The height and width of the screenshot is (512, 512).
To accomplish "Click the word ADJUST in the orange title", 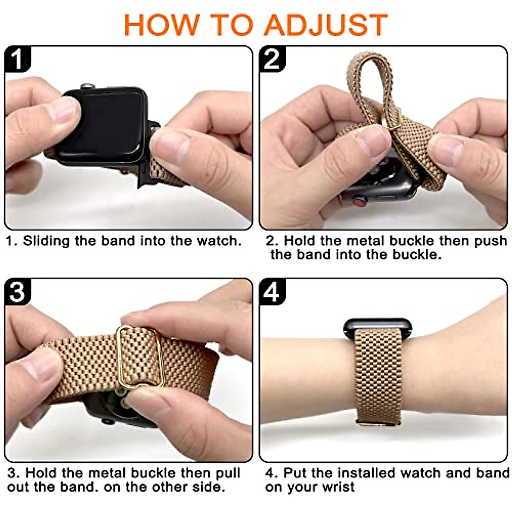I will tap(326, 26).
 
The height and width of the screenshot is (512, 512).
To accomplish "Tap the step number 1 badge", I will tap(17, 59).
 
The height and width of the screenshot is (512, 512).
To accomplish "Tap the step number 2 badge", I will tap(272, 59).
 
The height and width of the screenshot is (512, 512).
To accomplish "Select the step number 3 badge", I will tap(17, 291).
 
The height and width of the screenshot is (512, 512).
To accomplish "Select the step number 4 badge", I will tap(272, 291).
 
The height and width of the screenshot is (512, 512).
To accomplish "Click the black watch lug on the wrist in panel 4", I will tap(378, 326).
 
